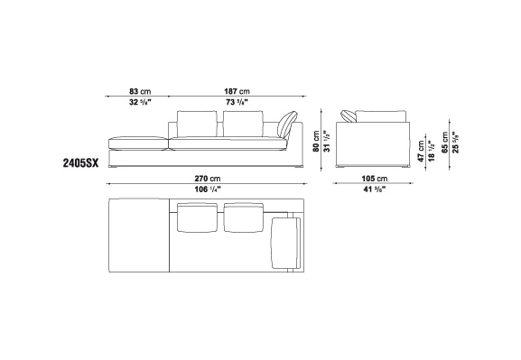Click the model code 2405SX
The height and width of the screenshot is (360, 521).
[x=80, y=163]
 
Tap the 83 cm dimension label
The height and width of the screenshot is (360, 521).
[x=140, y=91]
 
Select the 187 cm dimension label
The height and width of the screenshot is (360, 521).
[x=237, y=91]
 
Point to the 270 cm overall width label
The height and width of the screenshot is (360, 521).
[x=208, y=179]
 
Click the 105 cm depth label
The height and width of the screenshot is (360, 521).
[x=375, y=179]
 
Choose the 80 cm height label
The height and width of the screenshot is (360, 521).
[x=316, y=141]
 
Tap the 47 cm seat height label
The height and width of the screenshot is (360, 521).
[x=422, y=152]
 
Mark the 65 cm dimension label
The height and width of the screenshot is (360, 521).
[x=445, y=143]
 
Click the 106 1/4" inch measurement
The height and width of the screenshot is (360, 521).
[x=208, y=189]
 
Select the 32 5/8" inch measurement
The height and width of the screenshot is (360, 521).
[x=140, y=102]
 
